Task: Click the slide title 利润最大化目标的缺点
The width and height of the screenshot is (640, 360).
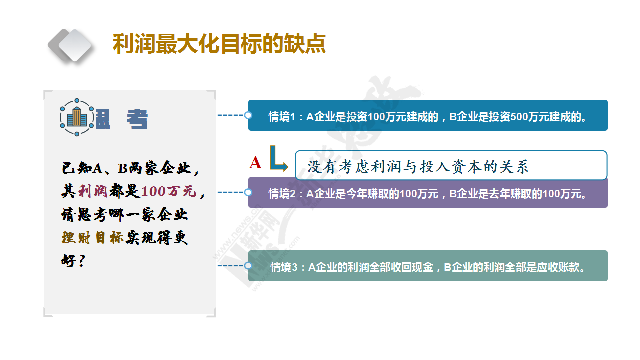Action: click(219, 44)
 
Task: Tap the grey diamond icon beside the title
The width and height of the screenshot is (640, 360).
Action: click(70, 45)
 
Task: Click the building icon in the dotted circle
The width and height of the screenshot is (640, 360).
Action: click(77, 117)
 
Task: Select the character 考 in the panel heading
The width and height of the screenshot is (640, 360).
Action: click(137, 119)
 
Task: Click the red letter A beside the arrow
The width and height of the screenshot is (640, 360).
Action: click(255, 163)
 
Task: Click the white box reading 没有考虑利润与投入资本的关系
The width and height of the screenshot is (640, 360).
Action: click(451, 165)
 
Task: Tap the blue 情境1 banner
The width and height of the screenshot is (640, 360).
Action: click(428, 115)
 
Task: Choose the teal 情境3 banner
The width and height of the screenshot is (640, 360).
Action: click(428, 266)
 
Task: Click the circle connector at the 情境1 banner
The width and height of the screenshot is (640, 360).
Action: click(248, 115)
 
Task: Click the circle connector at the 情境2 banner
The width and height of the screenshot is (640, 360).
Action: click(248, 192)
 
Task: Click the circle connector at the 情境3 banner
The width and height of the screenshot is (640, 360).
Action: click(248, 266)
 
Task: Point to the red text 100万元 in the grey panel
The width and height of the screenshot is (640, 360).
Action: click(169, 191)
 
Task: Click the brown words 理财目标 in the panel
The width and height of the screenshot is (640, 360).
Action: click(93, 237)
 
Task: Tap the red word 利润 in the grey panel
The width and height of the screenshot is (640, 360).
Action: click(93, 191)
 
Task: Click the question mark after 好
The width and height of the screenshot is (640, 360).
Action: click(81, 261)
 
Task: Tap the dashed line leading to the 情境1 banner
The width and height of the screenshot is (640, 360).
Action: click(231, 115)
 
